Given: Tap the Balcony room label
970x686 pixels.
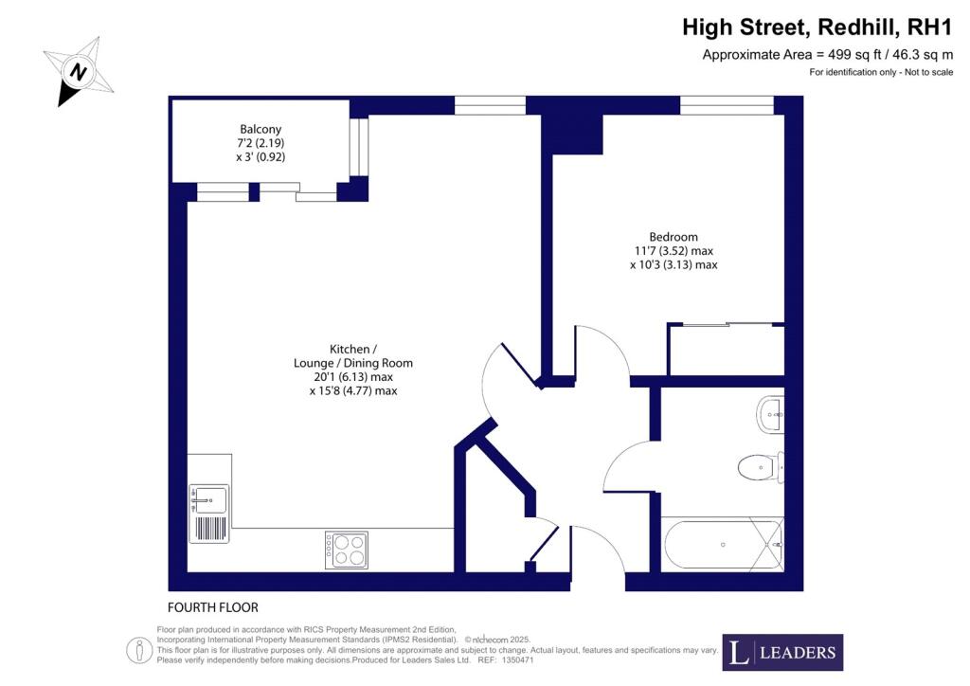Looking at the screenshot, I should point(260,129).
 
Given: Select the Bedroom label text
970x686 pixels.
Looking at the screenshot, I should point(673,237).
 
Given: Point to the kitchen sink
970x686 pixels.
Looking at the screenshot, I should point(209,498).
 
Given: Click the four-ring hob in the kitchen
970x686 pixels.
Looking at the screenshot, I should point(346,550).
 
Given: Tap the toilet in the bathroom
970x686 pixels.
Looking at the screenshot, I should point(760,465).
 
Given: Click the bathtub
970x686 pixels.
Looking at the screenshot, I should point(723,545).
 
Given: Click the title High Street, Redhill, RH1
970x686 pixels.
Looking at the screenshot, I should point(817,27).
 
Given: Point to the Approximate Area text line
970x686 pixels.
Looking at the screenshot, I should point(827,55).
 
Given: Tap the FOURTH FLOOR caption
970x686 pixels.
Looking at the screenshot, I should point(212,607).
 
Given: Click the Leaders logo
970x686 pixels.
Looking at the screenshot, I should point(782,652).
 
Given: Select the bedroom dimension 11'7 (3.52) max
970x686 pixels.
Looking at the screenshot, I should point(674,251).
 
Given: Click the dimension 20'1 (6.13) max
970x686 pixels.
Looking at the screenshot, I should point(352,377).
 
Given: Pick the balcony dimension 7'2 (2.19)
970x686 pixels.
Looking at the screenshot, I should point(260,143).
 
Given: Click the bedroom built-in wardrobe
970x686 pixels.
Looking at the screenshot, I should point(726,350).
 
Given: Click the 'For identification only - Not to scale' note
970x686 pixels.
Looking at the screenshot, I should point(880,73).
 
